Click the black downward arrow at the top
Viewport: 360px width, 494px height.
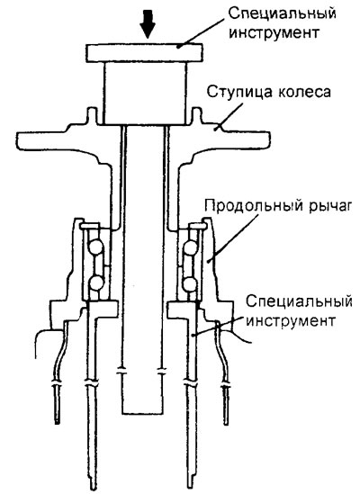(x=148, y=23)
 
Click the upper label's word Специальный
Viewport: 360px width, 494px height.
(x=283, y=13)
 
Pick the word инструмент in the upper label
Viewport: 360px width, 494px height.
(x=274, y=32)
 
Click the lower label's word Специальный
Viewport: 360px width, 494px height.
(x=299, y=301)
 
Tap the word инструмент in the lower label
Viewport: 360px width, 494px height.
(x=291, y=320)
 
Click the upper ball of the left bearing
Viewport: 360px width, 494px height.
(x=95, y=247)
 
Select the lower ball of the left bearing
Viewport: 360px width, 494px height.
(x=96, y=283)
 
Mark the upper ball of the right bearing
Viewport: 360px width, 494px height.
(x=191, y=247)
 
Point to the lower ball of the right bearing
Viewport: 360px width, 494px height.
(x=190, y=283)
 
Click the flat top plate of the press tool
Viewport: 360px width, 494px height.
(x=145, y=52)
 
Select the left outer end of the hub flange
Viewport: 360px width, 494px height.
(x=18, y=141)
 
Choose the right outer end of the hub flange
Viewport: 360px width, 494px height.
(x=268, y=139)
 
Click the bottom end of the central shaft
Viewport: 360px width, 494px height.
(x=143, y=413)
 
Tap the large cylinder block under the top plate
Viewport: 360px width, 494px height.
(x=145, y=93)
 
